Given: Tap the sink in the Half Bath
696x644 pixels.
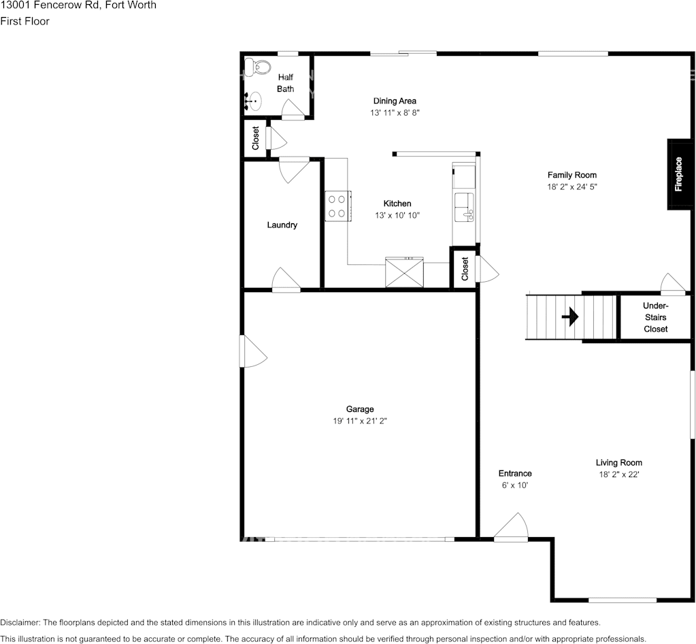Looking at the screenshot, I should point(252,101).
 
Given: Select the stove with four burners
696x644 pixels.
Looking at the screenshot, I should point(337,206).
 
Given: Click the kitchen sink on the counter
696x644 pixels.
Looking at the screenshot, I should point(465,207).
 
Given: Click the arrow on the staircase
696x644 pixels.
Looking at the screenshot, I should point(570,317).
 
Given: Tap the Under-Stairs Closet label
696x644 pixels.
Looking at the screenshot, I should point(655,317).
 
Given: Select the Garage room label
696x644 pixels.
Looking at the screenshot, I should point(360,409).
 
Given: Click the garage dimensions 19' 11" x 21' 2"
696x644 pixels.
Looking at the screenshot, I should point(360,421).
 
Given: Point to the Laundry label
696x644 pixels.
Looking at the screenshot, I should point(282,225).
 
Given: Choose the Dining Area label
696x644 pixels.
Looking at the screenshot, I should point(394,101).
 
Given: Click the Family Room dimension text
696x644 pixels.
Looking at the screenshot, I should point(572,187).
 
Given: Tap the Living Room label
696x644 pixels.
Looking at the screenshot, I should point(618,463).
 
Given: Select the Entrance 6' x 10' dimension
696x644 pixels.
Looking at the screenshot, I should point(514,485).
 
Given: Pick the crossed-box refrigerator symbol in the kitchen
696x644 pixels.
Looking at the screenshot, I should point(404,272).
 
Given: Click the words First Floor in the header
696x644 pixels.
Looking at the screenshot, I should point(24,21).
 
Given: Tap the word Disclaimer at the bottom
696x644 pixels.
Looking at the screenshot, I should point(20,622).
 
